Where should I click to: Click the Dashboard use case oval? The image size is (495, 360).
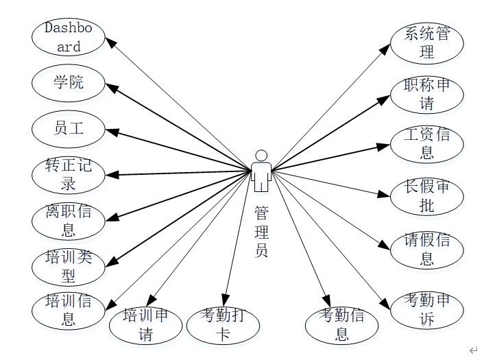[x=69, y=37]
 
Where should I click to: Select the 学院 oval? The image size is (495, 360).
[x=69, y=83]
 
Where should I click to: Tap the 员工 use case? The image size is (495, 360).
[x=69, y=128]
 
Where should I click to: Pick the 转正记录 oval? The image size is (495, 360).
[x=69, y=174]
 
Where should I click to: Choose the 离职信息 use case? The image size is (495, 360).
[x=69, y=219]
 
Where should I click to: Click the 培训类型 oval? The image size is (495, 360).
[x=69, y=266]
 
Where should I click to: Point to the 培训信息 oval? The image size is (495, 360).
[x=69, y=309]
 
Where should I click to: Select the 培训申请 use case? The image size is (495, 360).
[x=146, y=325]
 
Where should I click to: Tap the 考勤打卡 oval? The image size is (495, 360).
[x=224, y=325]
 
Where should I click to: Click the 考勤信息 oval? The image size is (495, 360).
[x=341, y=325]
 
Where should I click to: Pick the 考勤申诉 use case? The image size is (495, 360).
[x=426, y=309]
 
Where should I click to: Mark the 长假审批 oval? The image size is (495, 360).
[x=426, y=196]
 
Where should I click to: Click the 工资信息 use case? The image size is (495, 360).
[x=426, y=144]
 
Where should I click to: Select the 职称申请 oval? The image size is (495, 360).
[x=426, y=95]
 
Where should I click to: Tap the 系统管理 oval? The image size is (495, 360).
[x=426, y=43]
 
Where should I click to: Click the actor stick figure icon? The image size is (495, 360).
[x=261, y=171]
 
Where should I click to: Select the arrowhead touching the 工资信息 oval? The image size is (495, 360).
[x=385, y=145]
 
